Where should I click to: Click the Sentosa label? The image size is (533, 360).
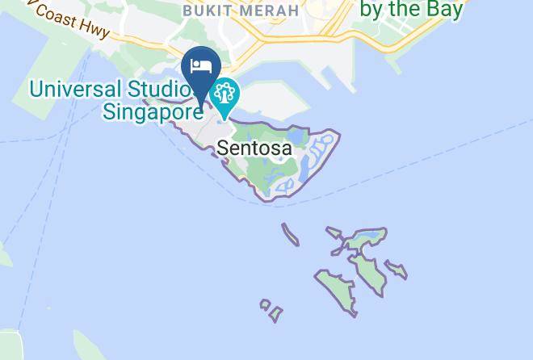tap(254, 149)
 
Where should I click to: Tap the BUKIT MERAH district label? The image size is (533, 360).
tap(240, 10)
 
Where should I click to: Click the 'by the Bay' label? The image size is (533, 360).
tap(411, 10)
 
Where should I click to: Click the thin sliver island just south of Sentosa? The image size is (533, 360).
tap(291, 234)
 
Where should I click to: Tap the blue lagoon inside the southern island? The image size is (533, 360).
tap(369, 237)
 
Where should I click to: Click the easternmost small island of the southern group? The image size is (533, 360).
tap(396, 269)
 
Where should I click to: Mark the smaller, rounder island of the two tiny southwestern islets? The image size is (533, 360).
tap(264, 304)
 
